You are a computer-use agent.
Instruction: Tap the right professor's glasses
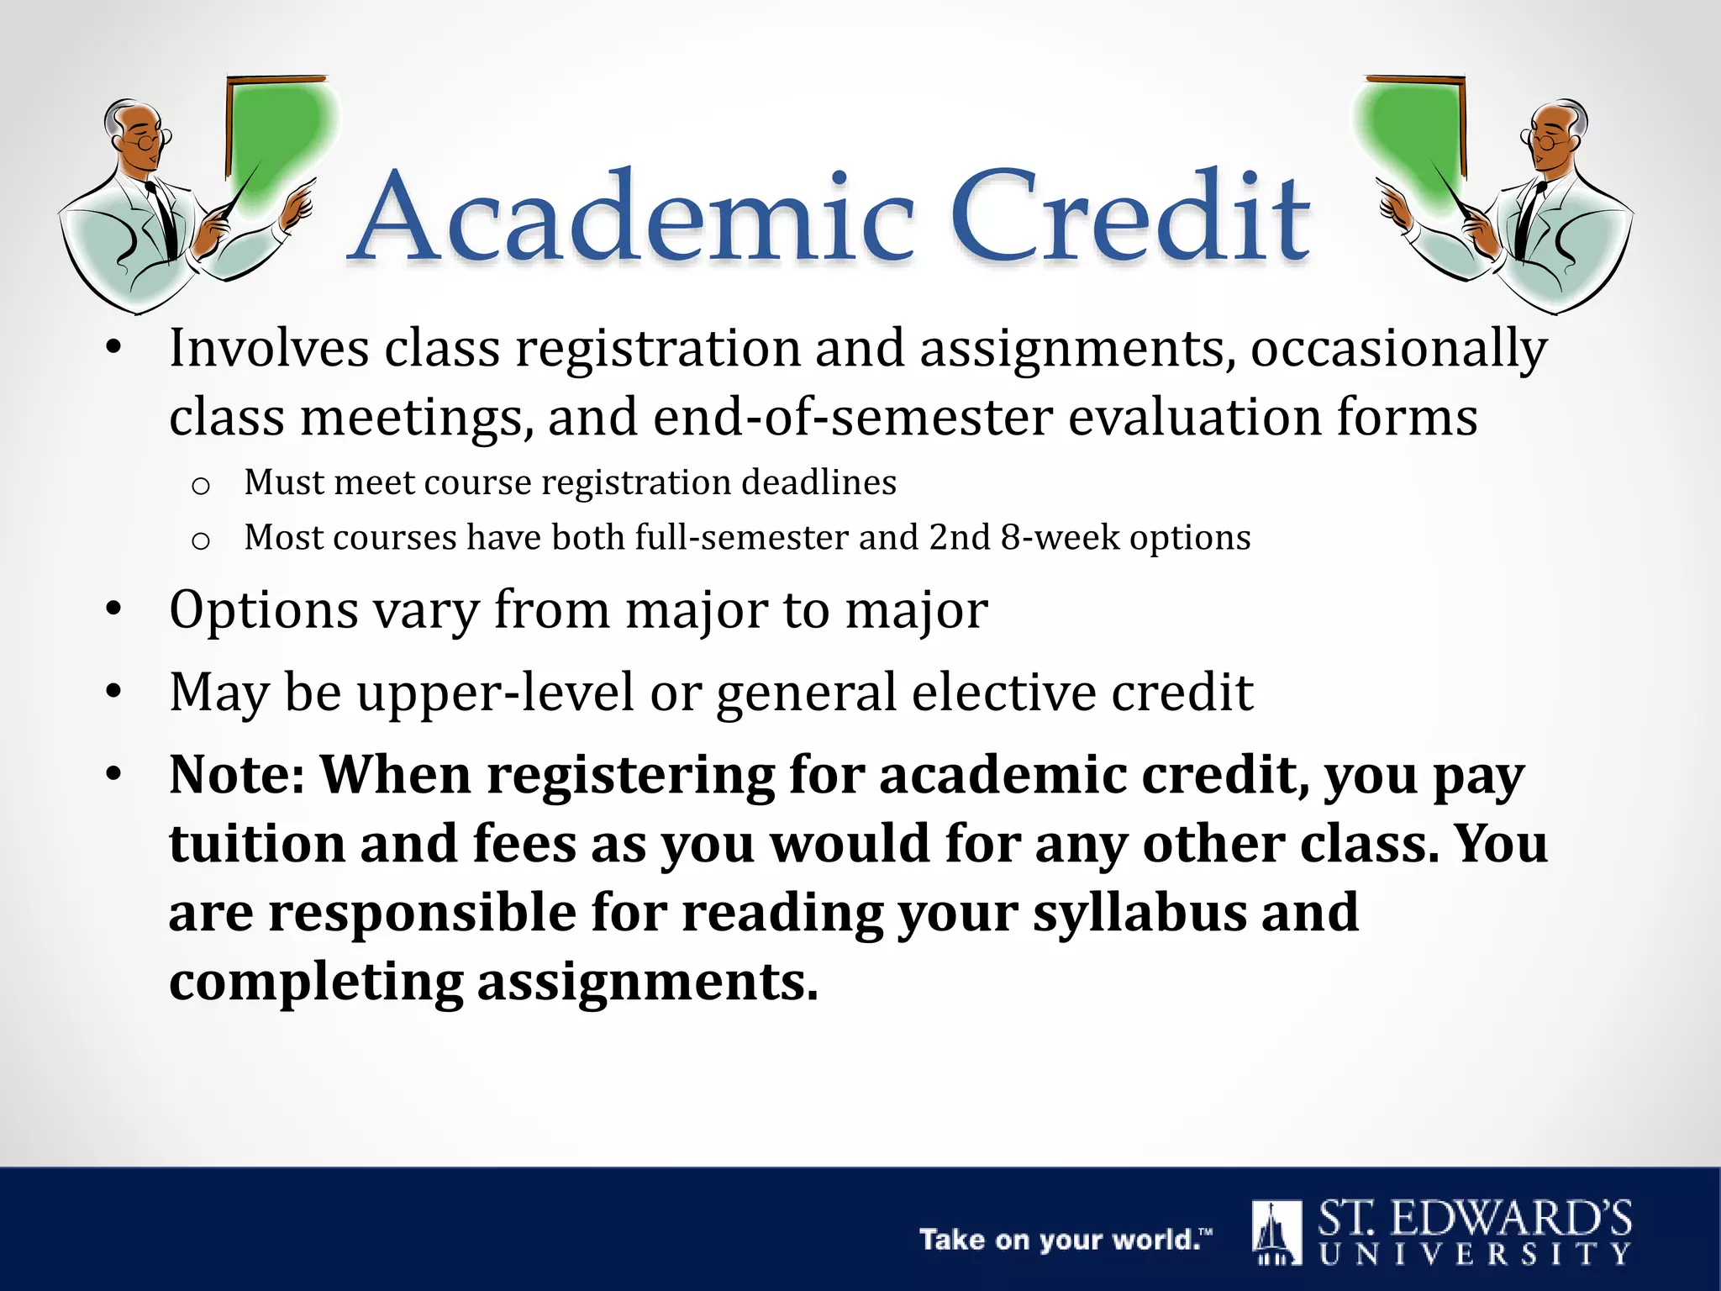[1545, 140]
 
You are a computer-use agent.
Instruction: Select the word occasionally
[1398, 348]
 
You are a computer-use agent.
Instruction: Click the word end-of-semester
[852, 417]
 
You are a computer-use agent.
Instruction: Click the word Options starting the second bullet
[264, 610]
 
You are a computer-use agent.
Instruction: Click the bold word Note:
[237, 774]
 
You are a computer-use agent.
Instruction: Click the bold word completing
[316, 982]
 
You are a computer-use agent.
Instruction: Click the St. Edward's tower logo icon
[1276, 1232]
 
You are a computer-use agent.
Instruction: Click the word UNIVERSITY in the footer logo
[1475, 1255]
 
